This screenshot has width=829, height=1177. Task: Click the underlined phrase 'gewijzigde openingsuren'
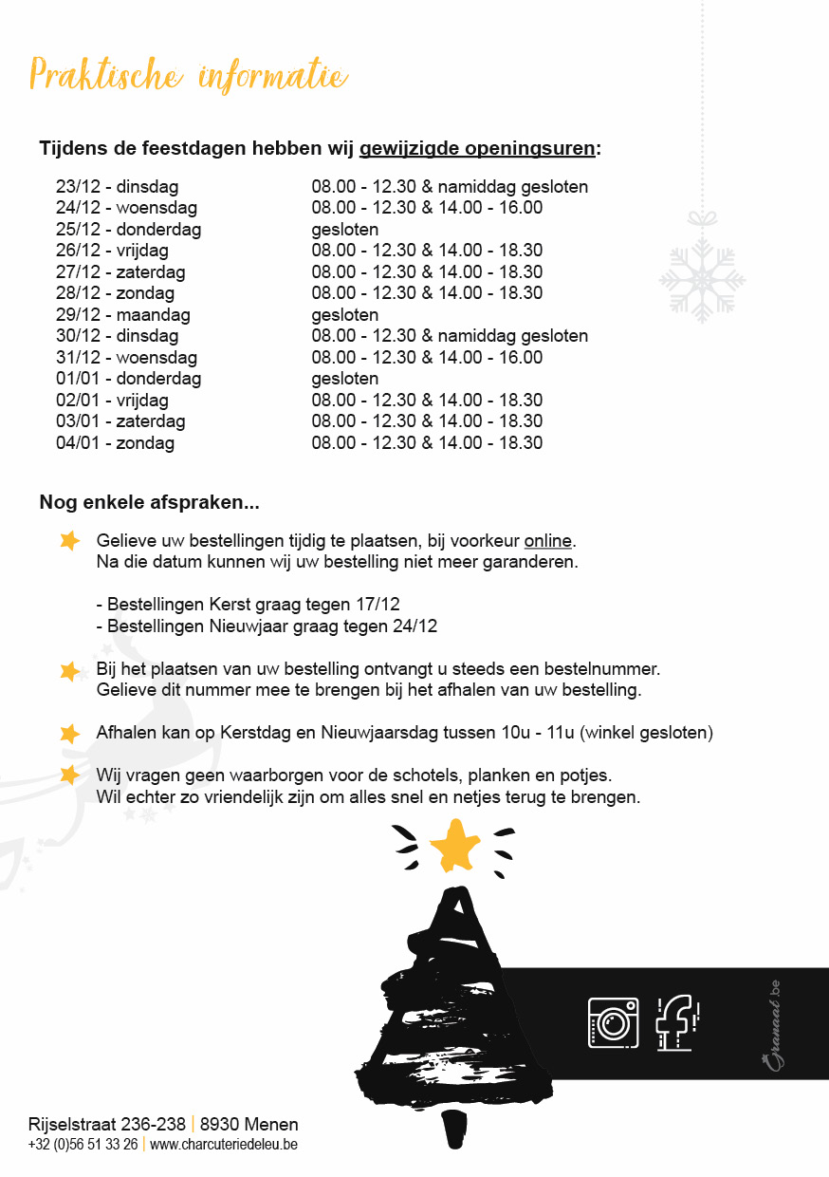pyautogui.click(x=479, y=149)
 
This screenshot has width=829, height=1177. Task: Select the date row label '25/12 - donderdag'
pyautogui.click(x=128, y=230)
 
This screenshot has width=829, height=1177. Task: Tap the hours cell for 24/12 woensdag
pyautogui.click(x=427, y=208)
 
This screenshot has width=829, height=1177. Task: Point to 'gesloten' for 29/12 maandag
pyautogui.click(x=345, y=315)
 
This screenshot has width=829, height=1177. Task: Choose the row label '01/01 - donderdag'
pyautogui.click(x=128, y=379)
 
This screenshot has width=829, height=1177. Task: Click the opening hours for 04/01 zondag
pyautogui.click(x=427, y=443)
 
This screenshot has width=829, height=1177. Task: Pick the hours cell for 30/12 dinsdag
pyautogui.click(x=450, y=336)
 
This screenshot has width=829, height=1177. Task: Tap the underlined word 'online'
pyautogui.click(x=548, y=541)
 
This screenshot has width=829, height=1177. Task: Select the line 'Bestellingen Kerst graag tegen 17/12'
pyautogui.click(x=249, y=604)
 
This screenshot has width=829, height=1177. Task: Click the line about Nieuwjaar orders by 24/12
pyautogui.click(x=267, y=626)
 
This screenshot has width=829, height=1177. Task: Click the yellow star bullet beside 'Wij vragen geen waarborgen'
pyautogui.click(x=69, y=775)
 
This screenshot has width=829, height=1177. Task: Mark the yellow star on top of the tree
pyautogui.click(x=455, y=844)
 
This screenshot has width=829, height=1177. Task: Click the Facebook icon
pyautogui.click(x=677, y=1022)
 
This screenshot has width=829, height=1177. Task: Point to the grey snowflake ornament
pyautogui.click(x=702, y=279)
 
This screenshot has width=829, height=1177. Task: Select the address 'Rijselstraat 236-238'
pyautogui.click(x=107, y=1125)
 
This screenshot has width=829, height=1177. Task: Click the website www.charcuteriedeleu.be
pyautogui.click(x=224, y=1145)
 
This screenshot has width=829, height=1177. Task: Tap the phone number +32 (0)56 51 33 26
pyautogui.click(x=83, y=1145)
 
